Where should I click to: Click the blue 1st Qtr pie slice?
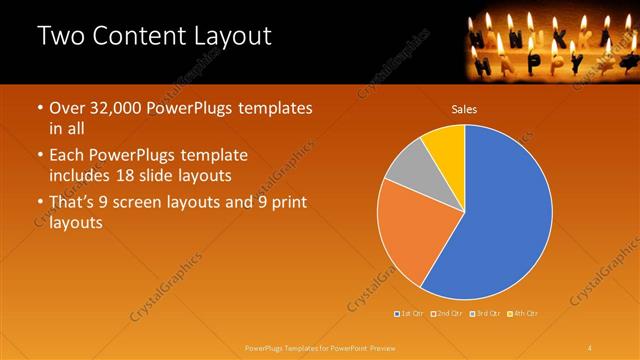(x=505, y=215)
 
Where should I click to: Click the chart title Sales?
(x=464, y=109)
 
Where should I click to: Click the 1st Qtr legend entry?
(x=411, y=314)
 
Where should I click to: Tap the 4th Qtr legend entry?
(x=524, y=314)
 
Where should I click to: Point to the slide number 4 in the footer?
(x=590, y=347)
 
